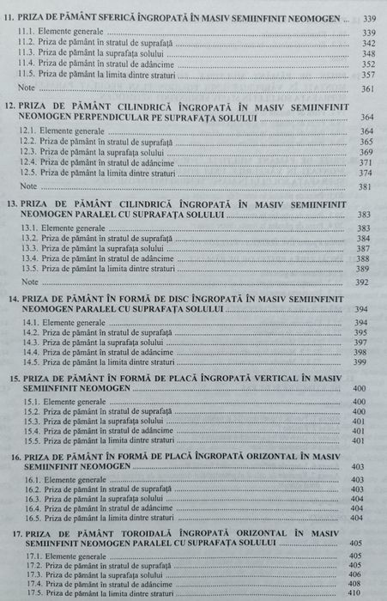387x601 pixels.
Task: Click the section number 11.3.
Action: pos(29,52)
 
